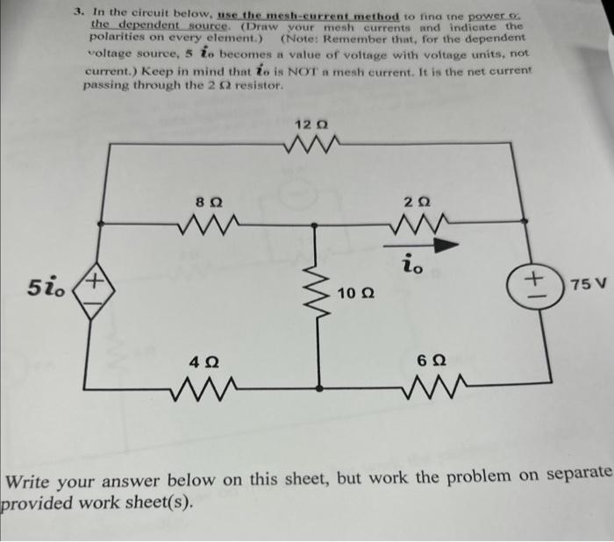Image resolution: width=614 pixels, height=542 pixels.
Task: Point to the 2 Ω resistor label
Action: pos(418,201)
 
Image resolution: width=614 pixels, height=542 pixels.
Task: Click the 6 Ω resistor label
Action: pos(423,361)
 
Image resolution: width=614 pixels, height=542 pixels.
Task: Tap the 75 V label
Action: pos(586,285)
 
